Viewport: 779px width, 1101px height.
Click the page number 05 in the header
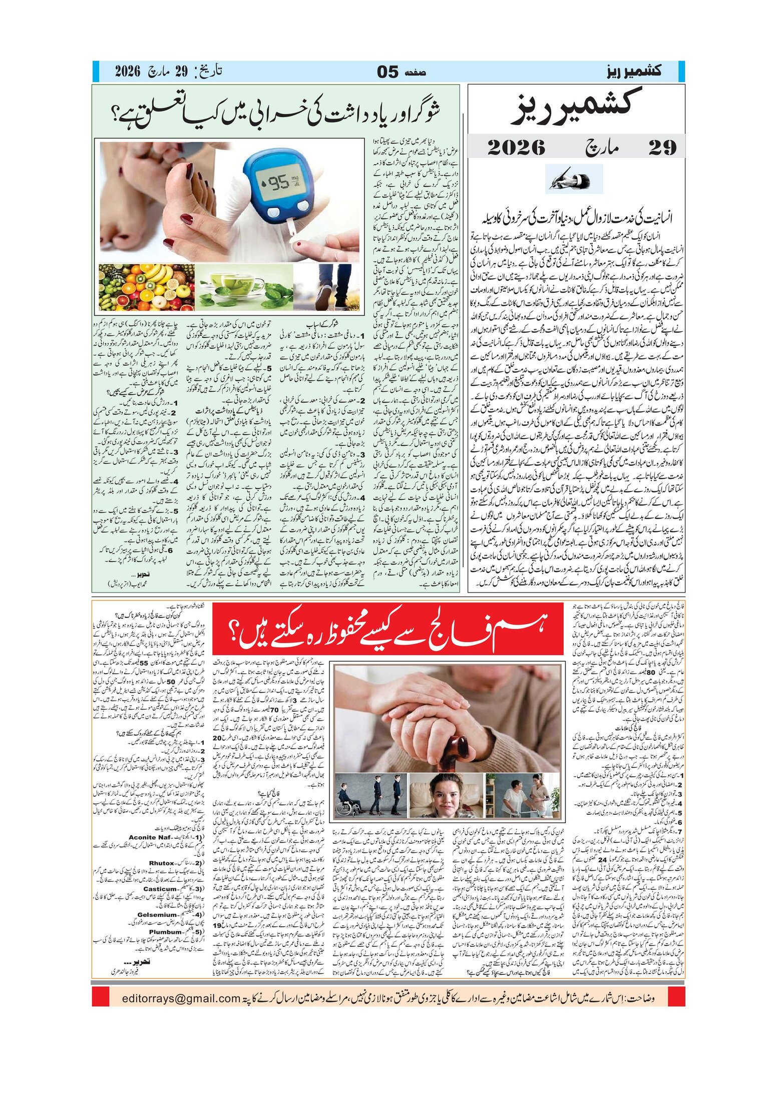pos(387,72)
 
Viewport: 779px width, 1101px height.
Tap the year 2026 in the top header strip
pos(128,71)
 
